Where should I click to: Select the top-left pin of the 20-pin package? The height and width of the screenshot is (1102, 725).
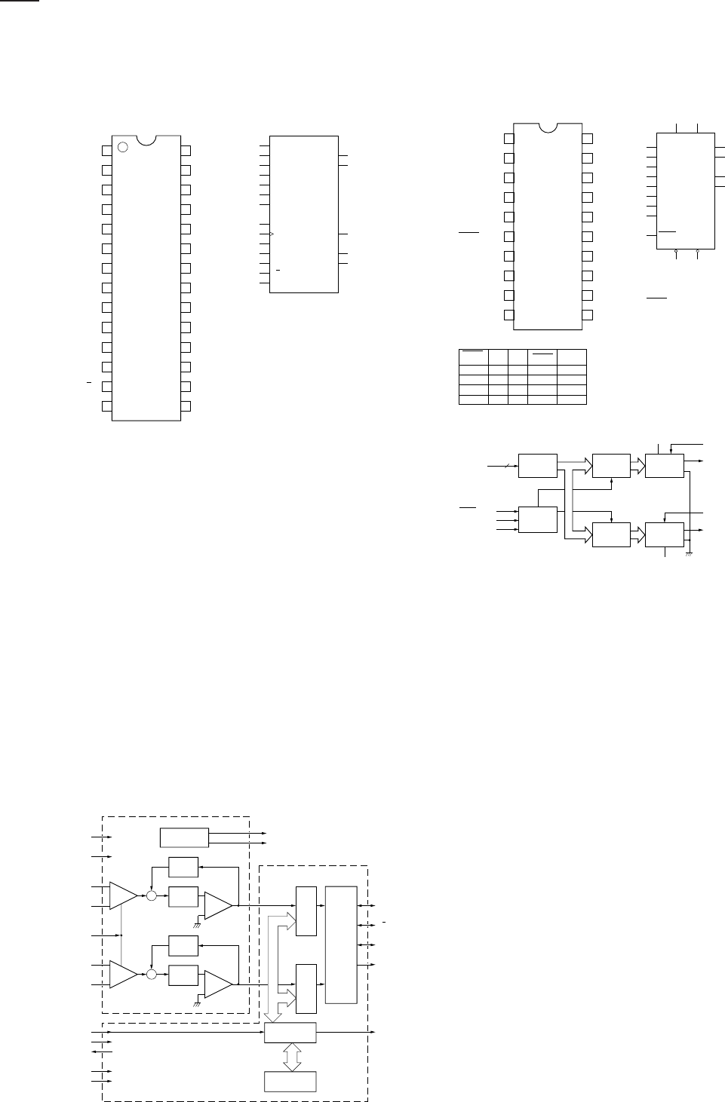point(509,139)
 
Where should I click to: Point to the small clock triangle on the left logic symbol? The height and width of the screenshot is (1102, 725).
point(272,234)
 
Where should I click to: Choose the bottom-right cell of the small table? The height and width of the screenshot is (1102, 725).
point(571,399)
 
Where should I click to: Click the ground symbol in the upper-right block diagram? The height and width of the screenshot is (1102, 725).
point(689,554)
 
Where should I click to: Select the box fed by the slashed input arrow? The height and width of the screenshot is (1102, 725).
point(537,466)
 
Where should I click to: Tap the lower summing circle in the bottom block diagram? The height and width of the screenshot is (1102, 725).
point(151,975)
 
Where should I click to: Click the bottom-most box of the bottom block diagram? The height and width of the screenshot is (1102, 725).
point(290,1082)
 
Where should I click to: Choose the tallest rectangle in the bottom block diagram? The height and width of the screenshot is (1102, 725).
point(341,945)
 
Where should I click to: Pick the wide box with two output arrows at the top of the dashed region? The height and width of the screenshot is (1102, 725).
point(184,837)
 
